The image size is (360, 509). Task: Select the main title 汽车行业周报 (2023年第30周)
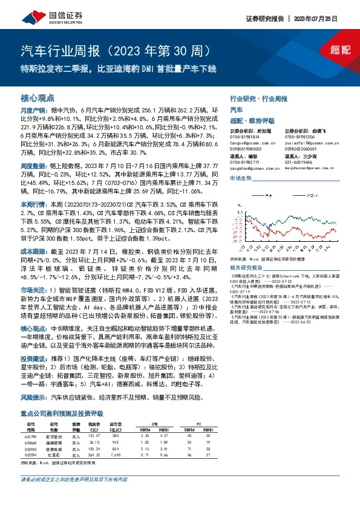pyautogui.click(x=115, y=49)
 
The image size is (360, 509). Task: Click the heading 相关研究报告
pyautogui.click(x=249, y=267)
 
